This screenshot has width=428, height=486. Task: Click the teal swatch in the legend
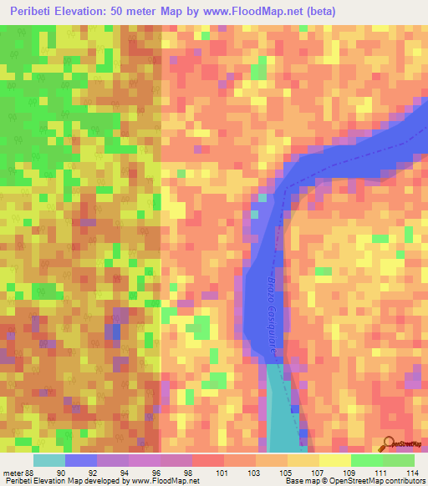tap(48, 460)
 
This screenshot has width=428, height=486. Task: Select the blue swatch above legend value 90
tap(80, 460)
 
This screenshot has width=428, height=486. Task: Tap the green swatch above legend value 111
tap(366, 460)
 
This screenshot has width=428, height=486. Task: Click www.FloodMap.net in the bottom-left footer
tap(158, 481)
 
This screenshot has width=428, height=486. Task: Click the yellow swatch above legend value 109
tap(334, 460)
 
